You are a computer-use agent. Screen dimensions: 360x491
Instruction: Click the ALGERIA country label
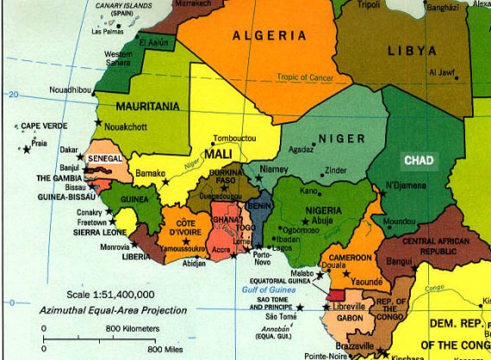click(270, 35)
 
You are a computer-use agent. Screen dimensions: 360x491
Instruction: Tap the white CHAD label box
click(419, 160)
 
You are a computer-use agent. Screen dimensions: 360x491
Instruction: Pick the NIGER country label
click(341, 138)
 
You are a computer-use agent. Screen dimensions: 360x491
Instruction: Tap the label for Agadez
click(301, 149)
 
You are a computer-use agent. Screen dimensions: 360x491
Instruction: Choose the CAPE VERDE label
click(43, 126)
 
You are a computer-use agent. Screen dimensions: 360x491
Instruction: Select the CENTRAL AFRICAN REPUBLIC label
click(441, 246)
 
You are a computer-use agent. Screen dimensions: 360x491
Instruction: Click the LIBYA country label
click(412, 51)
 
